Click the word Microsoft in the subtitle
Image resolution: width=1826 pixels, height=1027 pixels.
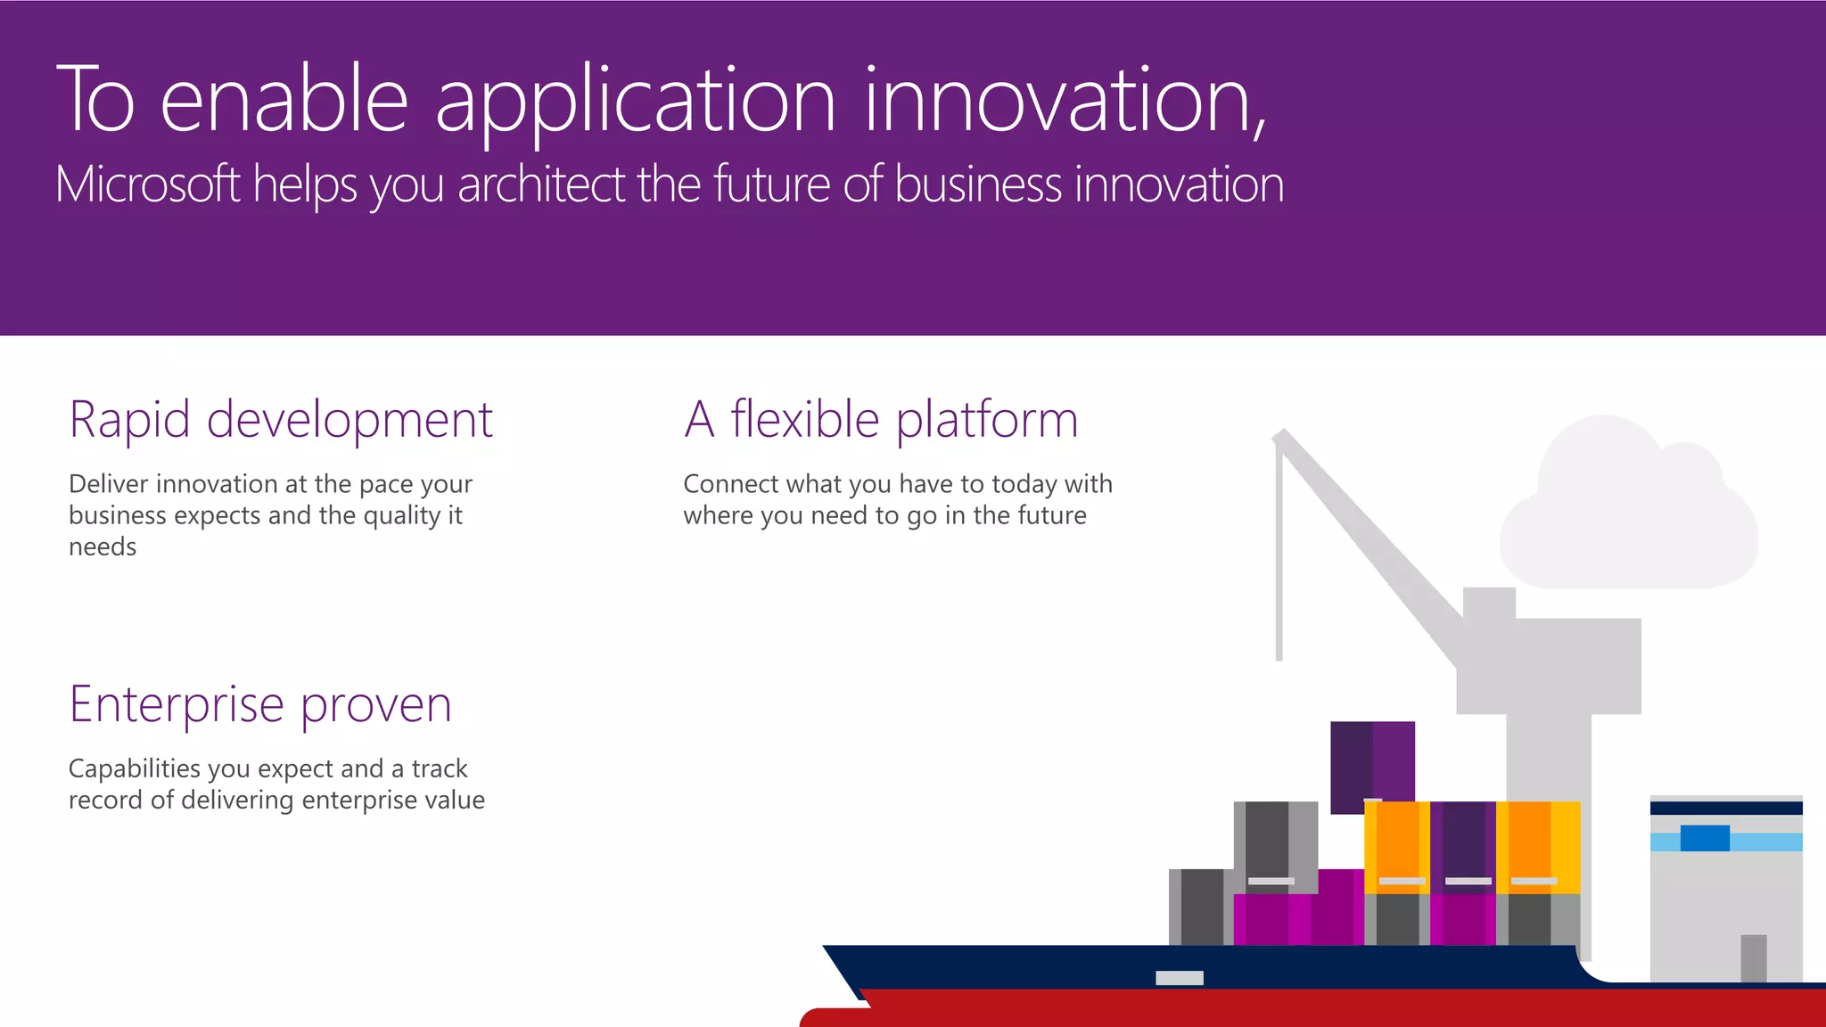147,185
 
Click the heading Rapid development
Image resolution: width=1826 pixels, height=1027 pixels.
281,420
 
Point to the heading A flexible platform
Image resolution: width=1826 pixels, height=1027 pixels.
881,420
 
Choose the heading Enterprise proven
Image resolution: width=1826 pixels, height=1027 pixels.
260,704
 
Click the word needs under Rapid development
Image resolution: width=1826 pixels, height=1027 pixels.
103,547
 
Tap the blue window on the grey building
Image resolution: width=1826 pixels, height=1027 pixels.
1705,838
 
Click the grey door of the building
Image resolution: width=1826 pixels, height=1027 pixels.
1753,958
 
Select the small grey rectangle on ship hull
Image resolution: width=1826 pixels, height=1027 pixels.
1179,978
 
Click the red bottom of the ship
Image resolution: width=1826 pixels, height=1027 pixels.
1337,1009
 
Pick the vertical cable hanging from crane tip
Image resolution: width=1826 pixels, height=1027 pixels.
1279,553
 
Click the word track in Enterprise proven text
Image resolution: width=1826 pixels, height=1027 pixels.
439,768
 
